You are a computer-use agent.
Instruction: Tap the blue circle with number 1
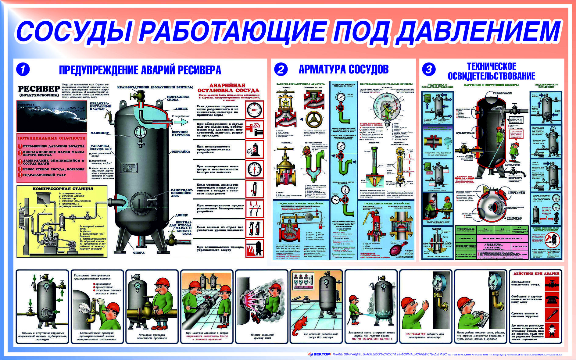(23, 70)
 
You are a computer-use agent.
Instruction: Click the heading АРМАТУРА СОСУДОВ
(343, 70)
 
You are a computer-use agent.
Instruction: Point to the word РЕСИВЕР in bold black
(39, 89)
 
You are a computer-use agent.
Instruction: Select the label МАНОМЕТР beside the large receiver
(99, 133)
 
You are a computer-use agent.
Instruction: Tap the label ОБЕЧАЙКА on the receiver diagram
(181, 151)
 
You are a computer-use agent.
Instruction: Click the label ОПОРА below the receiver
(139, 252)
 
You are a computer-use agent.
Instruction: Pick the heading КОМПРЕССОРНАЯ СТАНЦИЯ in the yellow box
(63, 189)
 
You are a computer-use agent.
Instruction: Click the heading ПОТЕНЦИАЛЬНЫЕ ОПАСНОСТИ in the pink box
(52, 138)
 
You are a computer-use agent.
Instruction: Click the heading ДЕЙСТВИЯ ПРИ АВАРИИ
(536, 273)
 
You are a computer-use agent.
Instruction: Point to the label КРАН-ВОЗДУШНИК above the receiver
(155, 87)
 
